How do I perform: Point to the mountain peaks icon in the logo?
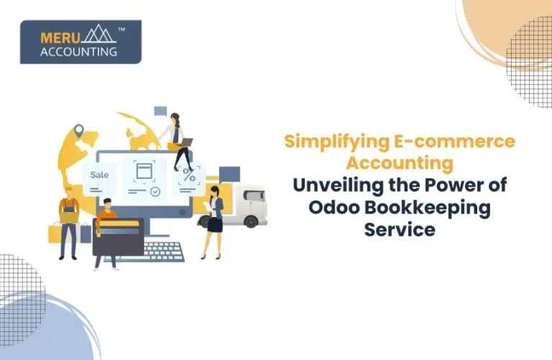click(98, 34)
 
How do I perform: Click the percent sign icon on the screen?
click(190, 175)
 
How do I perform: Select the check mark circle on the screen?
click(154, 192)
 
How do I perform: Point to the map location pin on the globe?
click(78, 132)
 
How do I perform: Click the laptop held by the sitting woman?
click(185, 143)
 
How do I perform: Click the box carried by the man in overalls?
click(69, 214)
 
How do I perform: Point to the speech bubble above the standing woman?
click(229, 173)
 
